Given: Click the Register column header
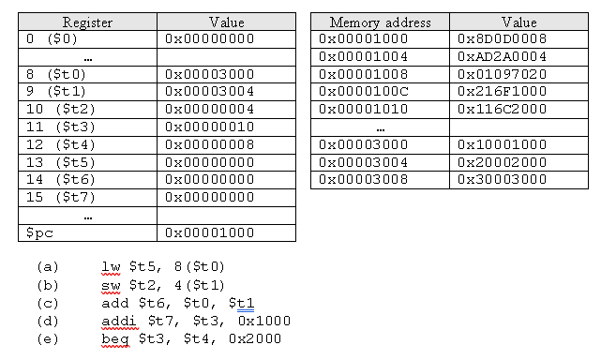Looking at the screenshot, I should tap(87, 22).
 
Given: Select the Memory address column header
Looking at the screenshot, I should tap(380, 22).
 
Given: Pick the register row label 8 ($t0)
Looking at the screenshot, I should tap(55, 73).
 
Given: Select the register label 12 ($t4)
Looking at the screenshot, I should tap(55, 143).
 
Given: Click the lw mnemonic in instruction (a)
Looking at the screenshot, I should tap(110, 266).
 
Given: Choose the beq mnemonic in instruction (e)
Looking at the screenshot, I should tap(114, 338).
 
